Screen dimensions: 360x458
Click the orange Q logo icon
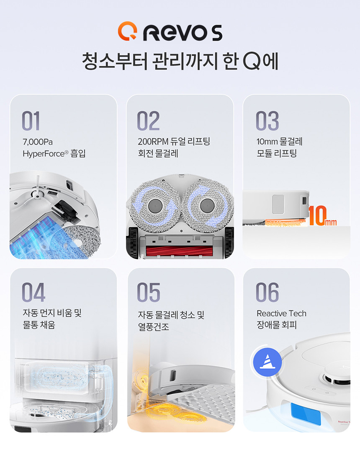[x=128, y=31]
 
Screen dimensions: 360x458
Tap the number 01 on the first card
[x=31, y=121]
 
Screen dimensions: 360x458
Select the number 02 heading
[x=148, y=121]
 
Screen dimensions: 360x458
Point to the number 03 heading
[x=267, y=121]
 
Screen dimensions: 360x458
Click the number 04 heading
[x=33, y=292]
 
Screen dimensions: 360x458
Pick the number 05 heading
[x=149, y=292]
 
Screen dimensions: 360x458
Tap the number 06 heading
[x=267, y=292]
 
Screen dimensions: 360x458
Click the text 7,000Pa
[x=38, y=142]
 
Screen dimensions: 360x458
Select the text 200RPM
[x=153, y=142]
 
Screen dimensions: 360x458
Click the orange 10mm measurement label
[x=322, y=215]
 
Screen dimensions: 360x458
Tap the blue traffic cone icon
[x=267, y=362]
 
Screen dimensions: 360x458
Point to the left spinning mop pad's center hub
[x=155, y=206]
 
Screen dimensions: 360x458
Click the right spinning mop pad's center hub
[x=207, y=205]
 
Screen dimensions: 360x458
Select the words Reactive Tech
[x=282, y=313]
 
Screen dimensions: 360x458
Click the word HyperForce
[x=44, y=154]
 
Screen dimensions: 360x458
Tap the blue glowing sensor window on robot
[x=306, y=414]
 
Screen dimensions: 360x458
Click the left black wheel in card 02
[x=133, y=242]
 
